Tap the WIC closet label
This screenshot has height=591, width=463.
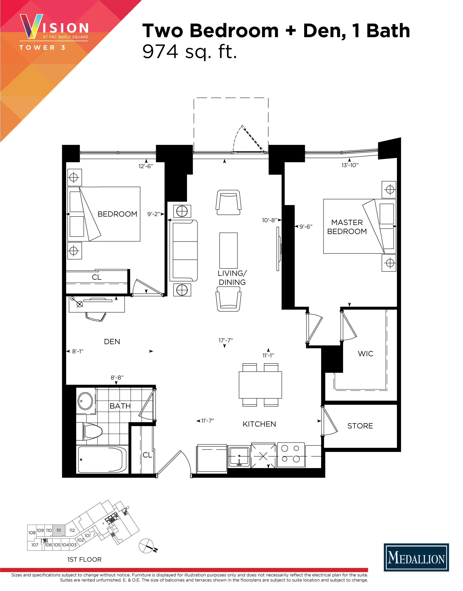pos(366,354)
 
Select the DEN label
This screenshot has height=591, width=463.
pos(112,342)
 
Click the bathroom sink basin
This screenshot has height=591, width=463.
pos(85,401)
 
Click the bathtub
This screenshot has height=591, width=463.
pos(102,460)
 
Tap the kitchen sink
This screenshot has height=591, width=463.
pos(239,457)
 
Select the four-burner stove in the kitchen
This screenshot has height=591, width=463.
pos(291,455)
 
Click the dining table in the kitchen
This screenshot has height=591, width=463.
pos(260,385)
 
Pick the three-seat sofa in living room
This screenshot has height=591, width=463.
pos(184,251)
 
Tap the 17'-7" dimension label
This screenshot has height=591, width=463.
pos(226,340)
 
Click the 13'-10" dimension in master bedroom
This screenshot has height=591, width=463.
pos(350,165)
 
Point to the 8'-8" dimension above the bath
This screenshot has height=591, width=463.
pos(117,377)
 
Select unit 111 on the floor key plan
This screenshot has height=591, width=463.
pos(59,530)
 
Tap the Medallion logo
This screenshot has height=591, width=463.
pos(416,557)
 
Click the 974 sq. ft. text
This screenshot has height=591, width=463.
pos(189,52)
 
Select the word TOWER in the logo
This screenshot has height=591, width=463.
pos(37,48)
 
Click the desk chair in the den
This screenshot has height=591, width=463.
pos(95,317)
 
